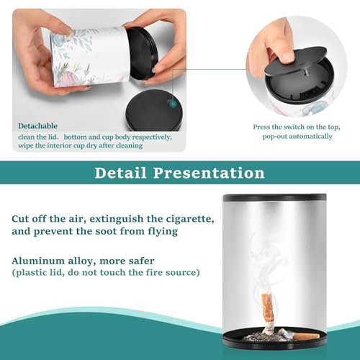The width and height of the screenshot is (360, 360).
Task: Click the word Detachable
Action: point(38,126)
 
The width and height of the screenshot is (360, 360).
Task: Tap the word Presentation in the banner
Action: point(209,173)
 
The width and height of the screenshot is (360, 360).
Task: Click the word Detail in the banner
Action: point(120,173)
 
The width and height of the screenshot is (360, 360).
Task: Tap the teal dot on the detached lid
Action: point(172,104)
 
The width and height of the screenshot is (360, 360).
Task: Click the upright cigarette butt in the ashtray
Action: point(269,312)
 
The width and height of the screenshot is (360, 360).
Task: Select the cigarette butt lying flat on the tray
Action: point(305,336)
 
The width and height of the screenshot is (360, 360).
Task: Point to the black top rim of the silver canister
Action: point(274,197)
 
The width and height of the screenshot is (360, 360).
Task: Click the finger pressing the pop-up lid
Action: point(281,52)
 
